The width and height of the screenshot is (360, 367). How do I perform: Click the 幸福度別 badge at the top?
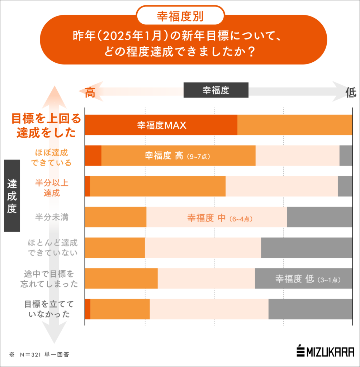tap(180, 16)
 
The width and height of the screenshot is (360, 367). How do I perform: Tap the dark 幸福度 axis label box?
tap(216, 90)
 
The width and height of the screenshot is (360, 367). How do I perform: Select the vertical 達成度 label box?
tap(12, 195)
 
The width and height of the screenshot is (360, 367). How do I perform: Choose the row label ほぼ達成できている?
tap(51, 158)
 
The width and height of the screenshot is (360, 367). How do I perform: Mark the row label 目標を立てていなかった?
tap(47, 309)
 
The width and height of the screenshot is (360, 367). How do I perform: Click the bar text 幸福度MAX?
tap(162, 125)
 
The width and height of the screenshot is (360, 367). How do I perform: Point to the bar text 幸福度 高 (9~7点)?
tap(177, 156)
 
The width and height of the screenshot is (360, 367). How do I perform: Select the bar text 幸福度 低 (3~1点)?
tap(308, 279)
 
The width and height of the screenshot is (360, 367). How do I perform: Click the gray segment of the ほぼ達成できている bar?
tap(346, 156)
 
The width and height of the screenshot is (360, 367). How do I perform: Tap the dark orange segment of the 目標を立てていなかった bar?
tap(87, 309)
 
